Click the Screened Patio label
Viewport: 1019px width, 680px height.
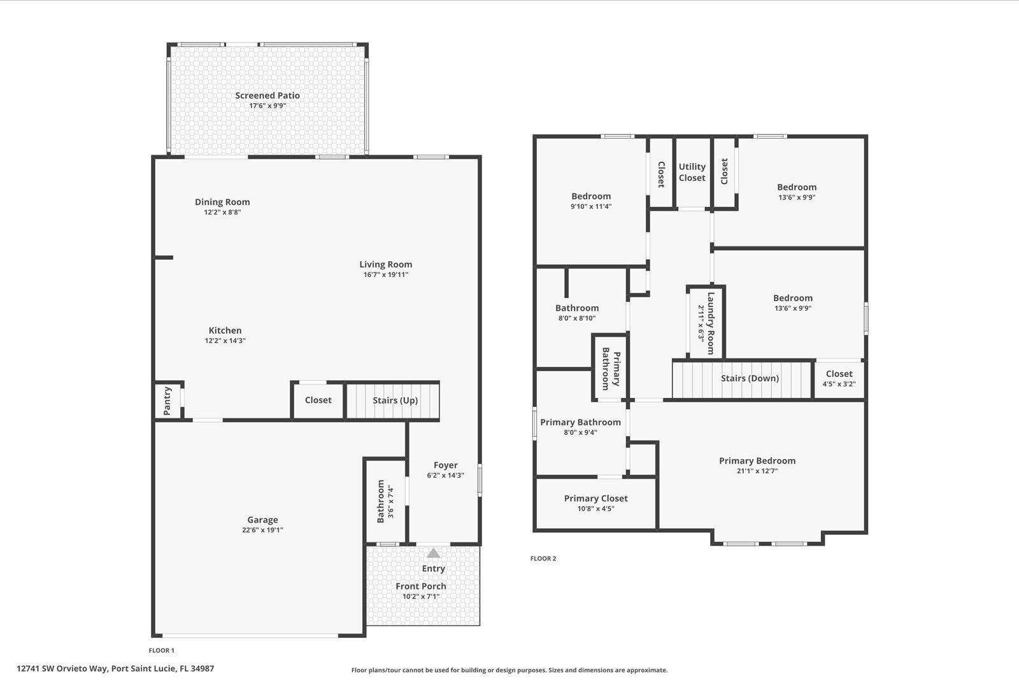click(267, 96)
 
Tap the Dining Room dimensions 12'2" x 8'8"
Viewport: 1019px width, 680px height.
click(222, 213)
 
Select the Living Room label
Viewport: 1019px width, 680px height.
click(385, 264)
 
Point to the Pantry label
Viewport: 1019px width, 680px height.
click(167, 401)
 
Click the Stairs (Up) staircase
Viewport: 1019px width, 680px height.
click(394, 400)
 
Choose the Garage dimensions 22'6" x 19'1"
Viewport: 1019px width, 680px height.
click(262, 530)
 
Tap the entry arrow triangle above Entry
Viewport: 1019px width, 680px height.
click(433, 553)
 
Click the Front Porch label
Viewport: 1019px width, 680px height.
click(420, 586)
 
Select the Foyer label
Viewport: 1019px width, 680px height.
click(445, 465)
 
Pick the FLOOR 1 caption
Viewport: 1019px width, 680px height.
click(161, 650)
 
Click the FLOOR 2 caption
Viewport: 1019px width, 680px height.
click(543, 558)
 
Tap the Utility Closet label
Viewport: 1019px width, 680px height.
click(692, 172)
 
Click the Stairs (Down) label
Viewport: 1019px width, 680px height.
click(750, 378)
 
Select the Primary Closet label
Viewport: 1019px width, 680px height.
click(595, 499)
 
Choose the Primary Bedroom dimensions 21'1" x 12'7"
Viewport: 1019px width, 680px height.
click(757, 471)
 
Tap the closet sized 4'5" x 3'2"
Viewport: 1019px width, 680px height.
click(839, 379)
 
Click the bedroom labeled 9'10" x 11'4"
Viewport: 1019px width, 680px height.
click(590, 201)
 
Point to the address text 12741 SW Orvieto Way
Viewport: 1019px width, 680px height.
click(63, 669)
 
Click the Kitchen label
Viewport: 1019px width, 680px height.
click(225, 330)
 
